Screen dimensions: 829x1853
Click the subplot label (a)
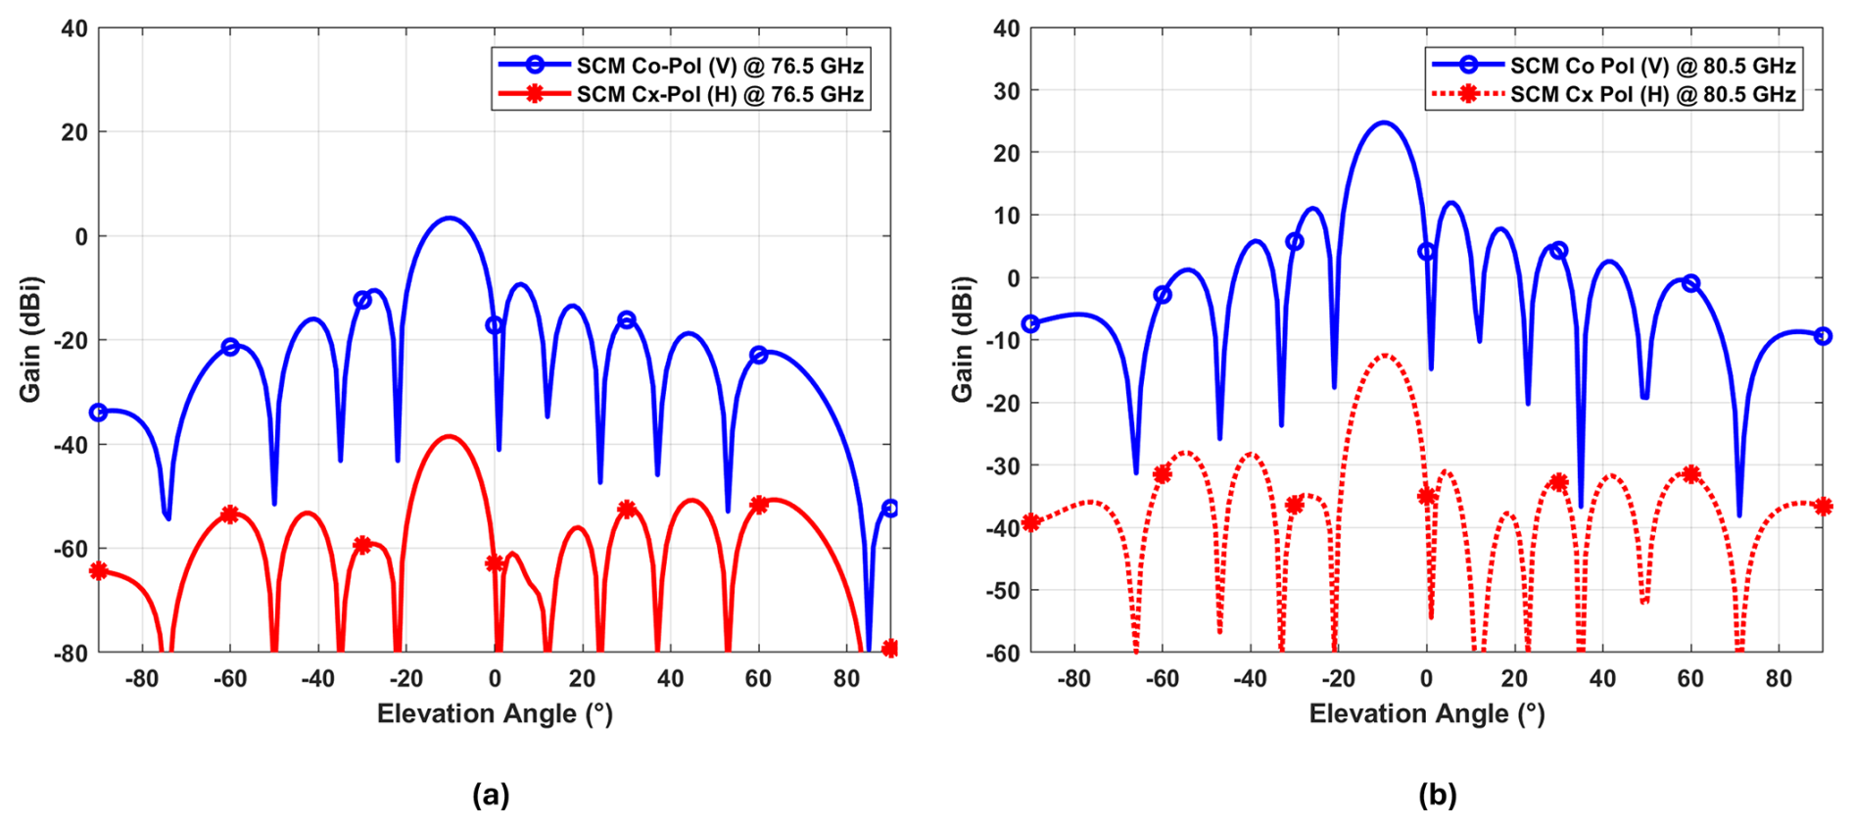point(491,794)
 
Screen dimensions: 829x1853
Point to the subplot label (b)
point(1437,794)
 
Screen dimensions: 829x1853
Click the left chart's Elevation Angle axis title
point(495,713)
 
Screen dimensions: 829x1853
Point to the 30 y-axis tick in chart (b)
point(1006,90)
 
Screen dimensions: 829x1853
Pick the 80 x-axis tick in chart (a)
point(846,678)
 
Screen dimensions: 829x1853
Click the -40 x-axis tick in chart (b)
point(1250,678)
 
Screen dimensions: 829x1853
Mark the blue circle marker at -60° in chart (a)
point(230,347)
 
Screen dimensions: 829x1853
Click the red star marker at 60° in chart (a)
point(758,505)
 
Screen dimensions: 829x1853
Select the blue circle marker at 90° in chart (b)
point(1823,336)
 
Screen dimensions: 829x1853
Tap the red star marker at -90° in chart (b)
point(1030,522)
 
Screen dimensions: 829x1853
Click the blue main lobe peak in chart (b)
point(1383,122)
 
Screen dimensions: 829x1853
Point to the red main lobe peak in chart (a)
point(450,436)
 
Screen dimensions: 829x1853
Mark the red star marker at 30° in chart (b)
point(1558,482)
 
